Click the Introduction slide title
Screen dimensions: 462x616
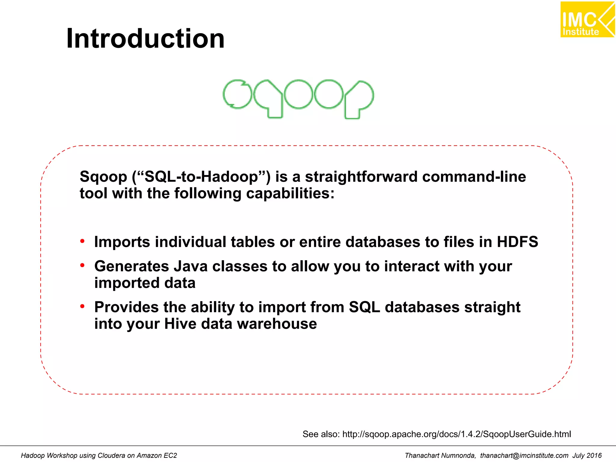pyautogui.click(x=145, y=38)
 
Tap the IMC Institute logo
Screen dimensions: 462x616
pyautogui.click(x=587, y=20)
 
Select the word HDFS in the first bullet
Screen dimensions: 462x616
pyautogui.click(x=517, y=242)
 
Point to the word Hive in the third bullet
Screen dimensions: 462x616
pyautogui.click(x=180, y=324)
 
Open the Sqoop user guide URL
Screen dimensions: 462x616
pyautogui.click(x=456, y=434)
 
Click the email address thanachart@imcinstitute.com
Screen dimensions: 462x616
pyautogui.click(x=524, y=455)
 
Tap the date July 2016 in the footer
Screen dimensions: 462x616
pyautogui.click(x=587, y=455)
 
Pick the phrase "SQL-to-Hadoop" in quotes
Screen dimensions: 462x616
pyautogui.click(x=201, y=177)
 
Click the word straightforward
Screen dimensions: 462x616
pyautogui.click(x=361, y=177)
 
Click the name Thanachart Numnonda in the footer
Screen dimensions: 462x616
pyautogui.click(x=440, y=455)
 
